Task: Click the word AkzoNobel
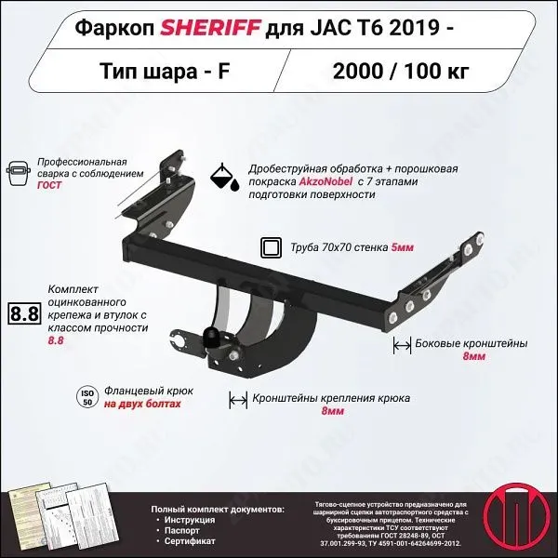coord(325,182)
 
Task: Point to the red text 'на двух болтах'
coord(142,405)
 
